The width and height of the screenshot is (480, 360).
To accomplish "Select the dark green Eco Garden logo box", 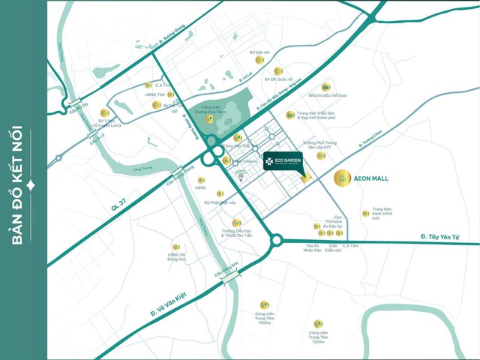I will point(282,163).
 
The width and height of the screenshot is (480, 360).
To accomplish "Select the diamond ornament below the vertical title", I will point(29,184).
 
